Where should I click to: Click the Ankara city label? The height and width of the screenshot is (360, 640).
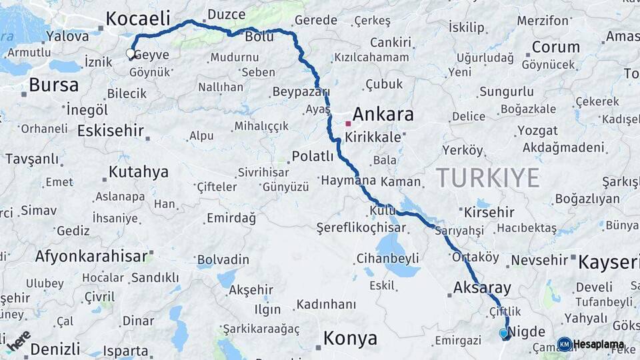click(383, 114)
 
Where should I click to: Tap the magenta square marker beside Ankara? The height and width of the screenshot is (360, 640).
click(348, 123)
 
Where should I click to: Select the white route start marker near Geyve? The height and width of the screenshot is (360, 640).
click(131, 54)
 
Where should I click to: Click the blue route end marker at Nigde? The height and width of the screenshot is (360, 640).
click(503, 333)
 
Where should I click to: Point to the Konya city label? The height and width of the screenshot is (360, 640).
click(350, 338)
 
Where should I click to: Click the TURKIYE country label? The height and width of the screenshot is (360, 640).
click(487, 177)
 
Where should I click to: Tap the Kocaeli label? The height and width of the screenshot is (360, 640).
click(138, 18)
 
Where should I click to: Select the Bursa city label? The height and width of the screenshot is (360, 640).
click(53, 85)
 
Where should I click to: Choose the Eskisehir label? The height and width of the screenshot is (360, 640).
click(111, 130)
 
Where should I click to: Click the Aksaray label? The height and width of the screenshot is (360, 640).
click(482, 288)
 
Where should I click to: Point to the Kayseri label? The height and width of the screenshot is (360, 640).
click(608, 262)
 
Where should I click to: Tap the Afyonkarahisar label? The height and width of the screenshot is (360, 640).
click(91, 256)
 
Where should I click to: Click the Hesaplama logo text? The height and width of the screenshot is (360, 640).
click(599, 345)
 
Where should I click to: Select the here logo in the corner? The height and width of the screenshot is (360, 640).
click(19, 340)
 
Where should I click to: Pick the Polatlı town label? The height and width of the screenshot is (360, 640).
click(313, 157)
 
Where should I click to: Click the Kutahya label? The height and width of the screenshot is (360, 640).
click(138, 172)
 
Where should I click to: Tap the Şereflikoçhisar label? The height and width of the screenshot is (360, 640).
click(361, 227)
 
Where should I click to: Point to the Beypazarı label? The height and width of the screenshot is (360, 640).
click(301, 91)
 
